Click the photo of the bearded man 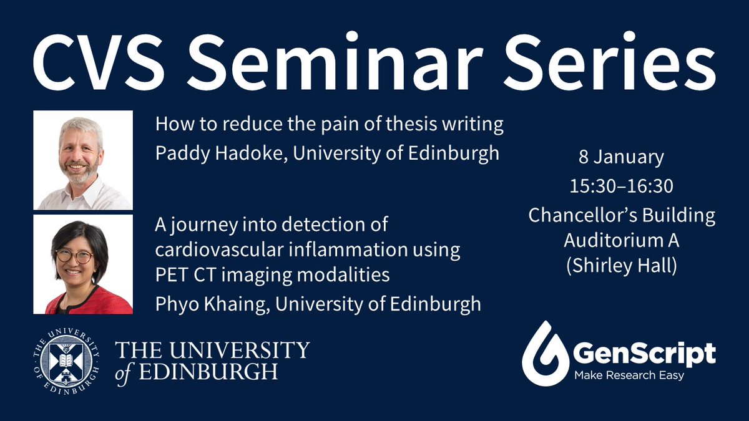coord(82,160)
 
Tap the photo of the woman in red coord(82,264)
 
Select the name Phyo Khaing coord(208,304)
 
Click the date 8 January coord(621,158)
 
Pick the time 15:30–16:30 coord(621,186)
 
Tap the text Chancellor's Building coord(621,215)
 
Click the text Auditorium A coord(621,240)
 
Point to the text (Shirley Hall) coord(621,264)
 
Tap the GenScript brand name coord(644,354)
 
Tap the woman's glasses coord(74,255)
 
